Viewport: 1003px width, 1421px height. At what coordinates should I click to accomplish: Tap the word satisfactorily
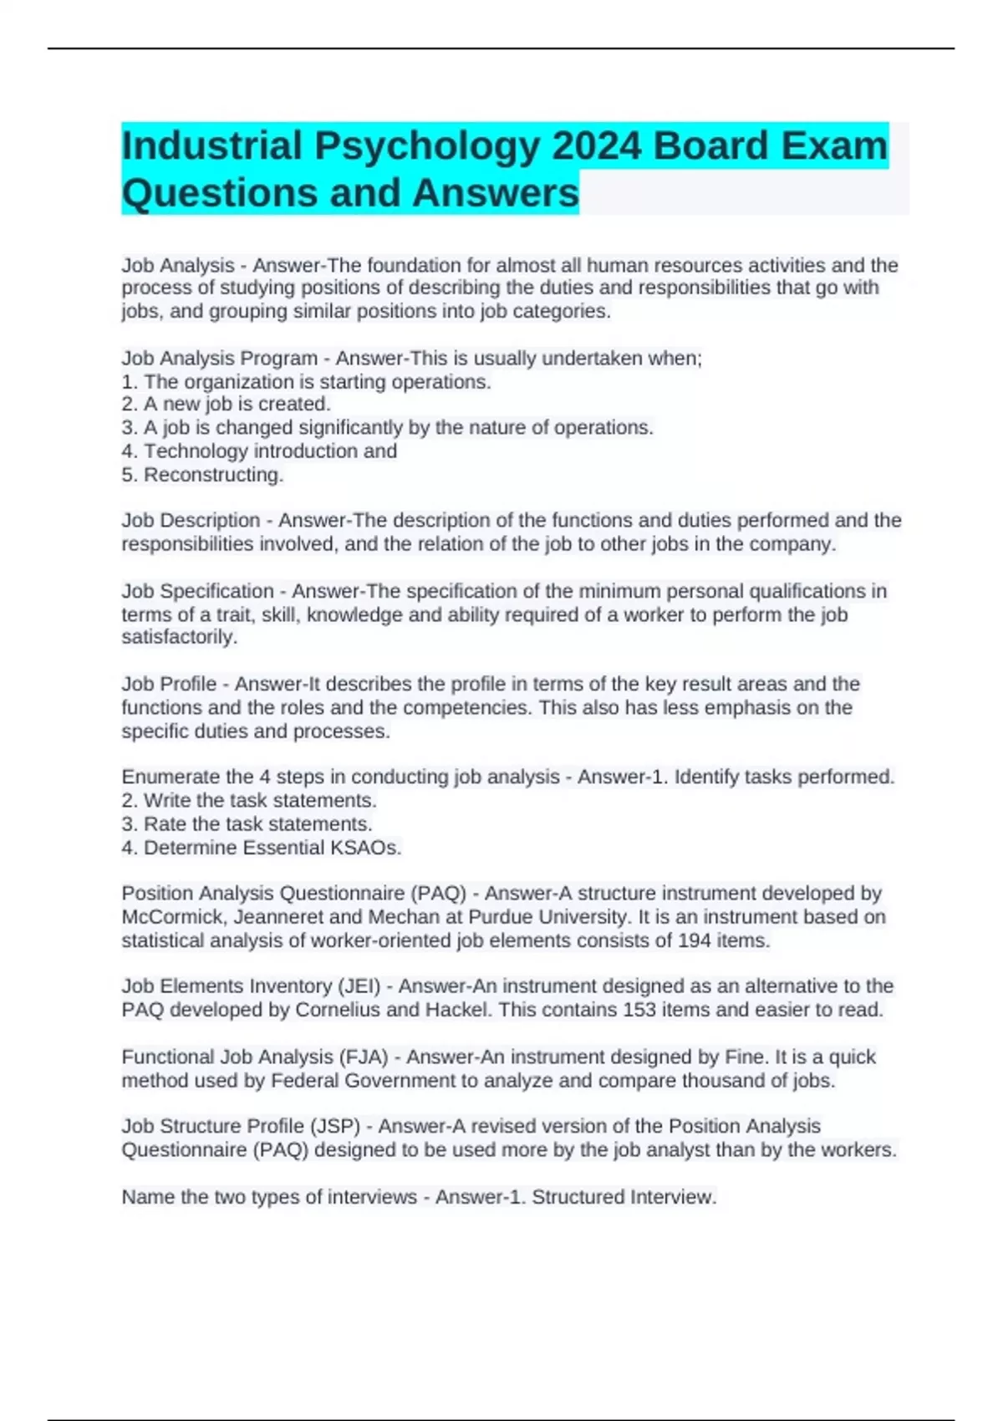pyautogui.click(x=180, y=637)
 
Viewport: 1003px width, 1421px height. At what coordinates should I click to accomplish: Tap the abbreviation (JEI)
pyautogui.click(x=359, y=986)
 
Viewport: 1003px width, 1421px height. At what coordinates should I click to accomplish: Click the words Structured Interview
pyautogui.click(x=624, y=1197)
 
